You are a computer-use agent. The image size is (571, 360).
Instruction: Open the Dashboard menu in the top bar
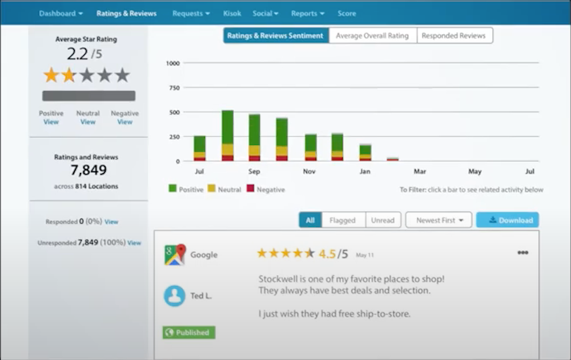pos(61,13)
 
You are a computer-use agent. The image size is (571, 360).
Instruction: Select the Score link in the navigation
pos(347,13)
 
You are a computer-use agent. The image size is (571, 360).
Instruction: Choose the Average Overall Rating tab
pos(372,35)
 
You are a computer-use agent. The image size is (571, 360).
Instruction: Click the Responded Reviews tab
pos(453,35)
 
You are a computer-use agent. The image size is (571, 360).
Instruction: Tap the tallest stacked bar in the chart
pos(227,136)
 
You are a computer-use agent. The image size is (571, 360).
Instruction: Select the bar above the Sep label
pos(255,137)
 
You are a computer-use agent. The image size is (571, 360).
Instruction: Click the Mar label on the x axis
pos(420,171)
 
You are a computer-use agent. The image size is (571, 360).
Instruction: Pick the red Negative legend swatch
pos(250,189)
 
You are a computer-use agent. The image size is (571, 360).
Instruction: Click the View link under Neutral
pos(88,122)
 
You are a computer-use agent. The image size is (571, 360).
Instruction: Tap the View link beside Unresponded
pos(134,242)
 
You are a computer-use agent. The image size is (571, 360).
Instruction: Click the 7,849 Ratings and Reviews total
pos(89,170)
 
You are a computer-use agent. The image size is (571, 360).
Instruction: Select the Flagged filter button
pos(343,220)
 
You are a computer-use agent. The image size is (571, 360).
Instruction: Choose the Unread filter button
pos(383,220)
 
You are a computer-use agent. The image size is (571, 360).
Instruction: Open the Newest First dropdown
pos(439,220)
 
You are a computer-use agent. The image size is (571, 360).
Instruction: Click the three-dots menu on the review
pos(522,253)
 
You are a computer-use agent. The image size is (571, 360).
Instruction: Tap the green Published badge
pos(188,333)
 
